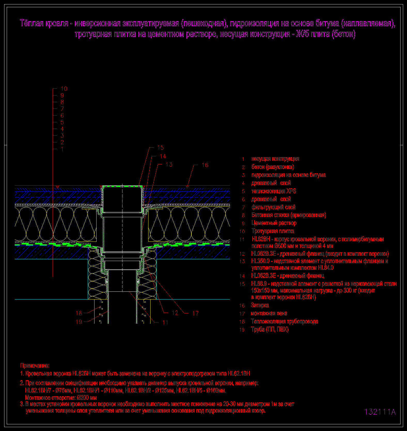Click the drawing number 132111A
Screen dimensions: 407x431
[380, 412]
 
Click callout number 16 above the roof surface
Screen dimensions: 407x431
[205, 165]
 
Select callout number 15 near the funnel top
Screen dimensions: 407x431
[160, 148]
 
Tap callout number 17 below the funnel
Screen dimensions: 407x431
[195, 313]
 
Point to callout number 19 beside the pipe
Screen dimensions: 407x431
[79, 322]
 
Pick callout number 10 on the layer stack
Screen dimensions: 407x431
[64, 89]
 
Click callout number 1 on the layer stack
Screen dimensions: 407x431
[62, 149]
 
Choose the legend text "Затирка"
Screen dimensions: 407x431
[260, 305]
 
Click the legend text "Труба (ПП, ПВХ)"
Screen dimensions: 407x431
[270, 329]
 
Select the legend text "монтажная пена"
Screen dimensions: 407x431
[269, 313]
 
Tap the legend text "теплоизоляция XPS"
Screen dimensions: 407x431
[274, 191]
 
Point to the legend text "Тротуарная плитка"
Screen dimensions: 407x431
[273, 231]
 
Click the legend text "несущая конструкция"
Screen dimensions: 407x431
[275, 159]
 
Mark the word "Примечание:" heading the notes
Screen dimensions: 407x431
[35, 365]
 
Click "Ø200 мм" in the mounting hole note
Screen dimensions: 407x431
[87, 397]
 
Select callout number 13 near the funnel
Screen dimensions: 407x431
[169, 165]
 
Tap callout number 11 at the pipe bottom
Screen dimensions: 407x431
[165, 322]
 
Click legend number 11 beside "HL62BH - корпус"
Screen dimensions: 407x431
[242, 239]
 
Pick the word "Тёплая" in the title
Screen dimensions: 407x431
[31, 23]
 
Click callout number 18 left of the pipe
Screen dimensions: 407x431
[79, 313]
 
